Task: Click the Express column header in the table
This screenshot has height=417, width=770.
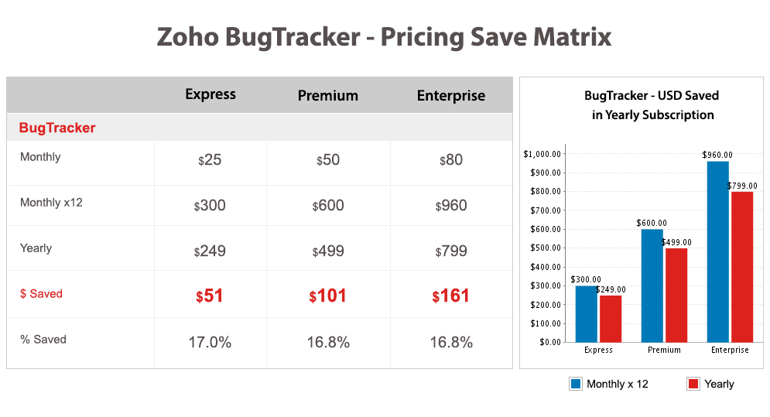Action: [x=210, y=94]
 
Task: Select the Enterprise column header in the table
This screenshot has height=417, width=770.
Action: [x=451, y=95]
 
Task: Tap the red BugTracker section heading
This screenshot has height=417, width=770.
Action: [x=57, y=128]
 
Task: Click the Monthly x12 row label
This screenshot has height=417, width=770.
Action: [x=51, y=203]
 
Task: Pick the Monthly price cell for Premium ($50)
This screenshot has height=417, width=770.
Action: [x=328, y=159]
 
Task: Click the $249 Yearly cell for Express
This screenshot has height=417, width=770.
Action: [x=210, y=251]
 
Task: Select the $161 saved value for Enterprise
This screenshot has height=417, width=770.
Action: [x=450, y=296]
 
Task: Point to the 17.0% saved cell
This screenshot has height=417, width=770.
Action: [x=210, y=342]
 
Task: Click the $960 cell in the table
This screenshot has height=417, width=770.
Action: [x=451, y=205]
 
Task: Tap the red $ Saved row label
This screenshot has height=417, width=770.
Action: [x=41, y=294]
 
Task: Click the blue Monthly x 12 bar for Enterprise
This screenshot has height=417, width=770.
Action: [x=718, y=251]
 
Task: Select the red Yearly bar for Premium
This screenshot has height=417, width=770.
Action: [x=676, y=296]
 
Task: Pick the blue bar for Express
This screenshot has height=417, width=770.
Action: [x=587, y=314]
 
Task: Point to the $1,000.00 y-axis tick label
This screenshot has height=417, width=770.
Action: [x=542, y=154]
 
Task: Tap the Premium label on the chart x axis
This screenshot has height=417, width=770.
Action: [x=664, y=350]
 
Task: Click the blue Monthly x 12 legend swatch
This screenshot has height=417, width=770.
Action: [x=576, y=384]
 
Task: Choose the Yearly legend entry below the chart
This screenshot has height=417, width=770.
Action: [x=710, y=384]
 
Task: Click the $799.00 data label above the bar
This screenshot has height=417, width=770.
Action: [x=742, y=186]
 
